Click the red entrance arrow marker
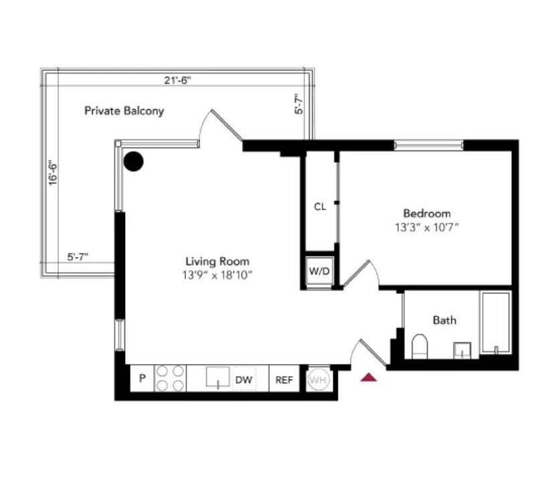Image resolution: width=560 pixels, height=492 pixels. tap(369, 378)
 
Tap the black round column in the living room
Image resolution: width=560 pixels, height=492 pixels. tap(134, 161)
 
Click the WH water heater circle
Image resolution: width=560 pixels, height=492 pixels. tap(318, 380)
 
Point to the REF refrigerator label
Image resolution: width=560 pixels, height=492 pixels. tap(284, 380)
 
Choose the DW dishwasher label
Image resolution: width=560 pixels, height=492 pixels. tap(244, 380)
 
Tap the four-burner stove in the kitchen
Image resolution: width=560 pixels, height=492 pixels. tap(170, 378)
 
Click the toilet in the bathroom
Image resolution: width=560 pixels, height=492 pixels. tap(419, 345)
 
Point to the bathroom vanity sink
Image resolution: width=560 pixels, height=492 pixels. tap(462, 349)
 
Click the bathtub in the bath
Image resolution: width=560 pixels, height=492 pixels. tap(495, 323)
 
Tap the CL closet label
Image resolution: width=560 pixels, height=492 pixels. tap(320, 207)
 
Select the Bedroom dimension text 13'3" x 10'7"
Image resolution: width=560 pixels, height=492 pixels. tap(427, 228)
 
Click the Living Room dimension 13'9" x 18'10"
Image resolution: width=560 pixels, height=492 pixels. tap(217, 274)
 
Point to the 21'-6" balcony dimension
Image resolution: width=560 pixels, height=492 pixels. tap(177, 80)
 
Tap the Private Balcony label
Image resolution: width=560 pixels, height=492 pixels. tap(124, 111)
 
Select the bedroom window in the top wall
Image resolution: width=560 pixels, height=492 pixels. tap(428, 144)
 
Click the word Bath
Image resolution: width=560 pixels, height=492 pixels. tap(444, 320)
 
